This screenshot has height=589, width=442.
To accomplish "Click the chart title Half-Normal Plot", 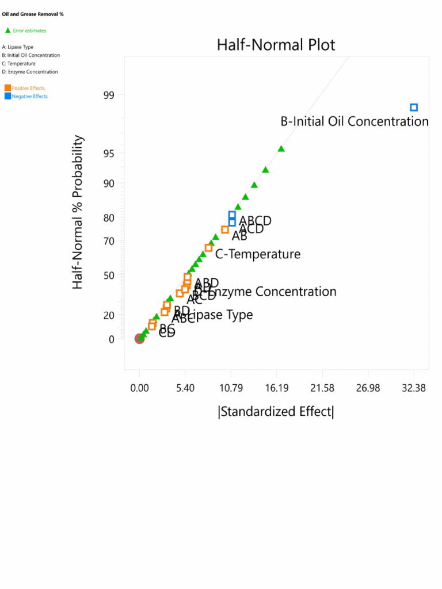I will pyautogui.click(x=276, y=45).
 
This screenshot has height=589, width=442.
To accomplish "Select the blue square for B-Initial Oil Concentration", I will pyautogui.click(x=414, y=108).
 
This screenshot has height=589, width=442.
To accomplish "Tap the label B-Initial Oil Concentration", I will pyautogui.click(x=355, y=121).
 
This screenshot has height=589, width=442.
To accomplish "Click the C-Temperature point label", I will pyautogui.click(x=258, y=254).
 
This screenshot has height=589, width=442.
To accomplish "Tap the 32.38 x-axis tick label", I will pyautogui.click(x=414, y=388).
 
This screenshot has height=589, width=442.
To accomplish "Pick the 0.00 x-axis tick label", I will pyautogui.click(x=139, y=388).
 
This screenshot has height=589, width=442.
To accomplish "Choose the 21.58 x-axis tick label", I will pyautogui.click(x=322, y=388).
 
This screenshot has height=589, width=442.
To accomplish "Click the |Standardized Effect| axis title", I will pyautogui.click(x=276, y=411).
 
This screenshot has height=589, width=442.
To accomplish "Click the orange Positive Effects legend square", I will pyautogui.click(x=7, y=88).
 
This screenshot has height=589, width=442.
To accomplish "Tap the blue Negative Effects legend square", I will pyautogui.click(x=7, y=96).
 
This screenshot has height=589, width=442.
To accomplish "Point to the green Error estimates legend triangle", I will pyautogui.click(x=8, y=30).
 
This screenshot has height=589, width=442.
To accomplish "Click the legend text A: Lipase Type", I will pyautogui.click(x=18, y=47).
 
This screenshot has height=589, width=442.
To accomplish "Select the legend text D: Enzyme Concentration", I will pyautogui.click(x=30, y=72).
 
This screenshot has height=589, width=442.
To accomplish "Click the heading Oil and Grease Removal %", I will pyautogui.click(x=33, y=14).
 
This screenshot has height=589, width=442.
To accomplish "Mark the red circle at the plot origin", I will pyautogui.click(x=139, y=338).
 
